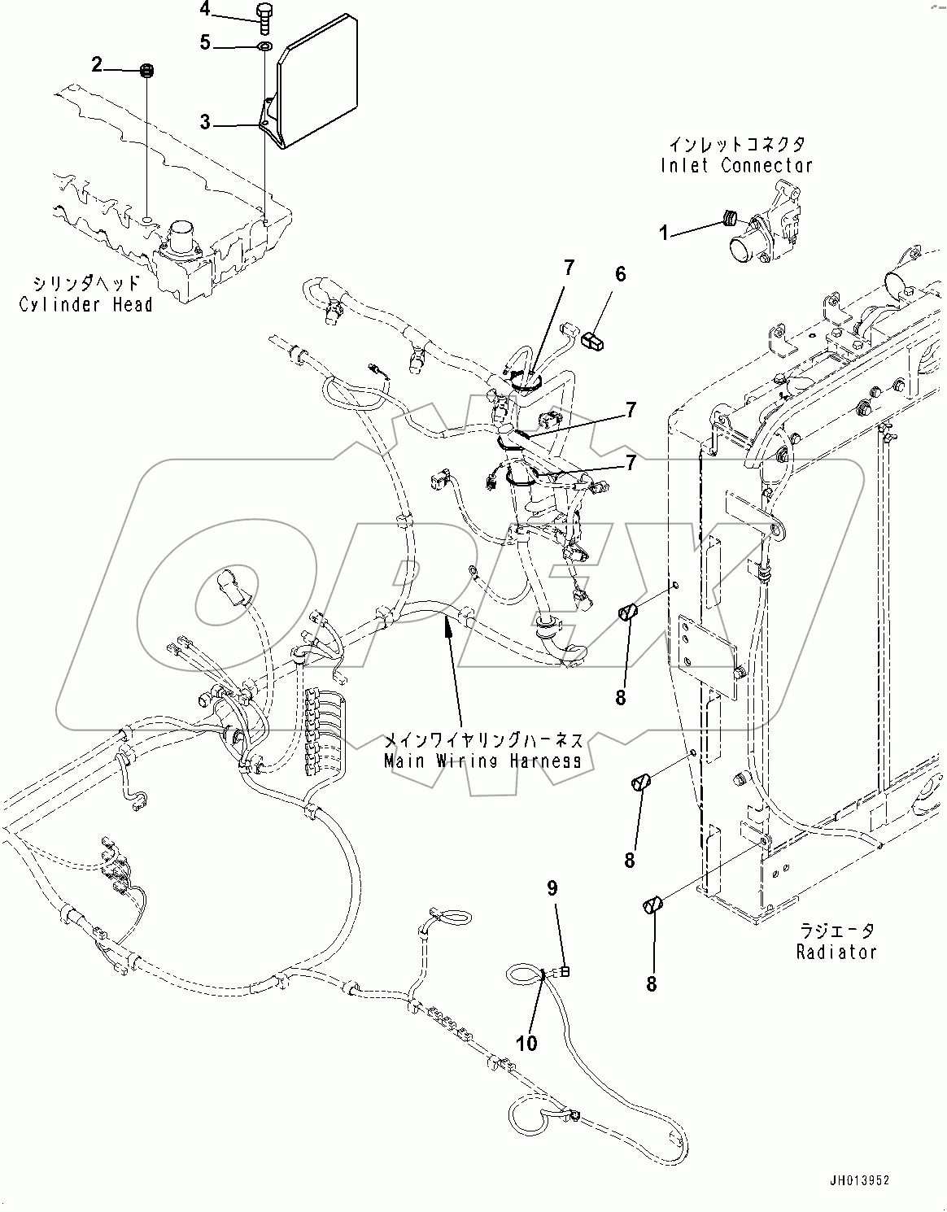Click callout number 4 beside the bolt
pos(204,10)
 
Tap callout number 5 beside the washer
pos(205,42)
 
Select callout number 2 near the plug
pos(97,65)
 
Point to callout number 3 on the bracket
pos(205,123)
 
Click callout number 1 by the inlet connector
pos(663,233)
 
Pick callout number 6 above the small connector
pos(620,274)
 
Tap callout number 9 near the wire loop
pos(552,888)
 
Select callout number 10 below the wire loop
pos(526,1043)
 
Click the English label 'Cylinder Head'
pos(86,305)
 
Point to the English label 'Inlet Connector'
pos(736,165)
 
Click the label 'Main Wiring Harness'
pos(483,761)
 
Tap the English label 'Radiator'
pos(836,952)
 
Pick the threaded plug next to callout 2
pos(147,71)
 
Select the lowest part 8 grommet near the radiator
pos(652,905)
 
